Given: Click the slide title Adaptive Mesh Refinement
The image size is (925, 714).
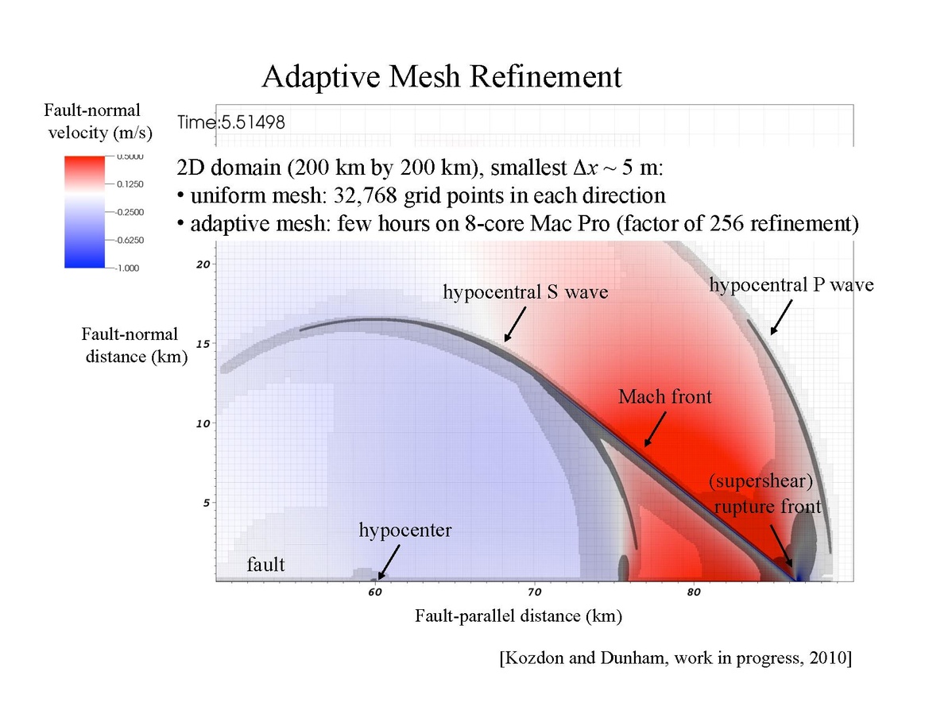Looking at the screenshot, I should (x=441, y=77).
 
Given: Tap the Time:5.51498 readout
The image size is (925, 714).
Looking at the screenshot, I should (x=230, y=122).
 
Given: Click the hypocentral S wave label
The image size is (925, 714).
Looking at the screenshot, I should (x=524, y=292).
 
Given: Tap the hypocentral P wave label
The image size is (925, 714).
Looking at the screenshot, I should (x=791, y=284).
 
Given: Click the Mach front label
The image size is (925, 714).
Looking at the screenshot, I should (x=664, y=396).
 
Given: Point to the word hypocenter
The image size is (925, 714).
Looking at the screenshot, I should (x=404, y=531).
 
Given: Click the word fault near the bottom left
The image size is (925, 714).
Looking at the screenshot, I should (x=265, y=565).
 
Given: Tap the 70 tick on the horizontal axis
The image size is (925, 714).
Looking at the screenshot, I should (x=534, y=592).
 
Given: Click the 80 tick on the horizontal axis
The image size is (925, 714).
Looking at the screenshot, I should (x=693, y=592).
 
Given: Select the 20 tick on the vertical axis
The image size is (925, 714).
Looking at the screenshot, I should (x=203, y=264).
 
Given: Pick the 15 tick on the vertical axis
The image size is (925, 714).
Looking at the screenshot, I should (x=203, y=344).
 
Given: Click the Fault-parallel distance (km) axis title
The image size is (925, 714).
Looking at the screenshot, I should (x=517, y=616).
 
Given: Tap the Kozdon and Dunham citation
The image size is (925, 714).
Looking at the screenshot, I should (x=675, y=658).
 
